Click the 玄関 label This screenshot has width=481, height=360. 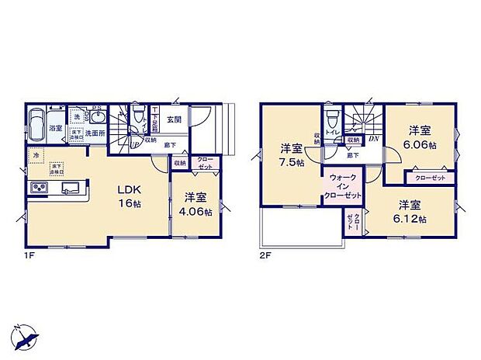pos(174,119)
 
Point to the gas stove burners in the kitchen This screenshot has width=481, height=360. pos(38,189)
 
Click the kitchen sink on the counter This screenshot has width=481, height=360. pos(68,187)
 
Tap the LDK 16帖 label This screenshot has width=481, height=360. pos(127,196)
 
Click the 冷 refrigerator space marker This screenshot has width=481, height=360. pos(36,156)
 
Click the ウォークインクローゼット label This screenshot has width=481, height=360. pos(343,187)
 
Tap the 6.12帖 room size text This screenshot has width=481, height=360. pos(412,218)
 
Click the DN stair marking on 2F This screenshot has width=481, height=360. pos(372,139)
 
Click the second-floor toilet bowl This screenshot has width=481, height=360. pos(331,119)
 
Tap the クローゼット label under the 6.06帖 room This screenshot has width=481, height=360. pos(430,178)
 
